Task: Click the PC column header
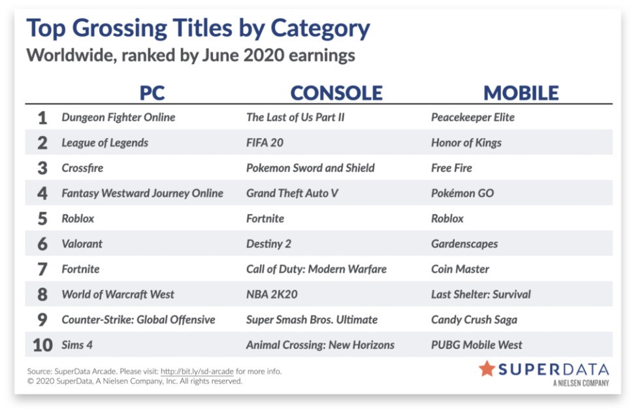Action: [x=152, y=93]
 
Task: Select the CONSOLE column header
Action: [x=336, y=93]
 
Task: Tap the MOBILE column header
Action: [x=521, y=93]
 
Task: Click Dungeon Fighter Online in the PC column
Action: [x=118, y=117]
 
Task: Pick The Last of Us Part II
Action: [x=295, y=117]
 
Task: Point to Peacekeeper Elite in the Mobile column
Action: [x=473, y=117]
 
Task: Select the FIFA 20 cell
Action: [x=265, y=143]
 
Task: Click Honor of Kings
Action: [x=466, y=143]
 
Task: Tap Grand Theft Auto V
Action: [x=292, y=194]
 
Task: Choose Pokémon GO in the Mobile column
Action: [x=462, y=194]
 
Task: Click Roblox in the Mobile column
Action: [x=447, y=218]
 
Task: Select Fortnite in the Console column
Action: [x=265, y=218]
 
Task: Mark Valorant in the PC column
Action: [x=82, y=244]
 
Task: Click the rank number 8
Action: [x=42, y=294]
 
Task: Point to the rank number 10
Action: [x=42, y=345]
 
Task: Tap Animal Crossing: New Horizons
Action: [x=320, y=345]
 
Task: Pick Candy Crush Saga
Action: [x=474, y=320]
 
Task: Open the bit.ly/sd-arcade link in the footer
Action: [x=197, y=371]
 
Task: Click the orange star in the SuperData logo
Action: [x=487, y=368]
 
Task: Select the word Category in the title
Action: [x=320, y=29]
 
